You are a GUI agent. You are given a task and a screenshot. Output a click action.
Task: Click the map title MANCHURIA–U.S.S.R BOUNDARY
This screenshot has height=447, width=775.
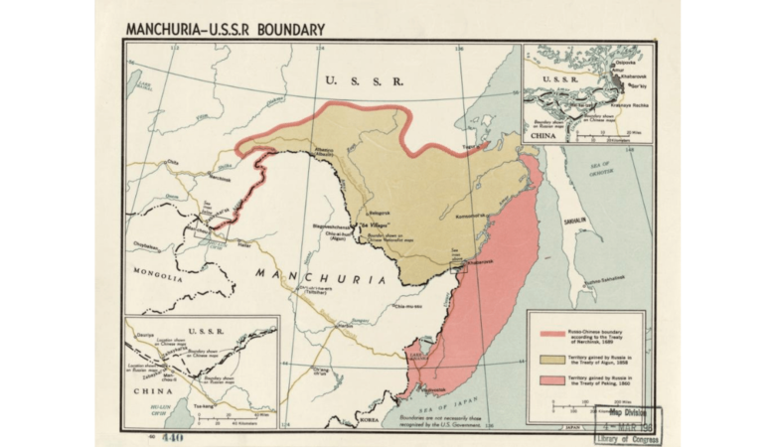(226, 29)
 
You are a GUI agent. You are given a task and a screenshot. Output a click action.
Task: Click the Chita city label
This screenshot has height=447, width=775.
(172, 162)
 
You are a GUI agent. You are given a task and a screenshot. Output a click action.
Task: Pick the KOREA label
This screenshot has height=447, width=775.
(370, 420)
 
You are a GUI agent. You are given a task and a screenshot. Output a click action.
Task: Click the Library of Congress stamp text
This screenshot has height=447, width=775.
(628, 438)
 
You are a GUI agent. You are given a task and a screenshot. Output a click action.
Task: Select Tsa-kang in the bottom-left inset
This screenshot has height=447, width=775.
(204, 405)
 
